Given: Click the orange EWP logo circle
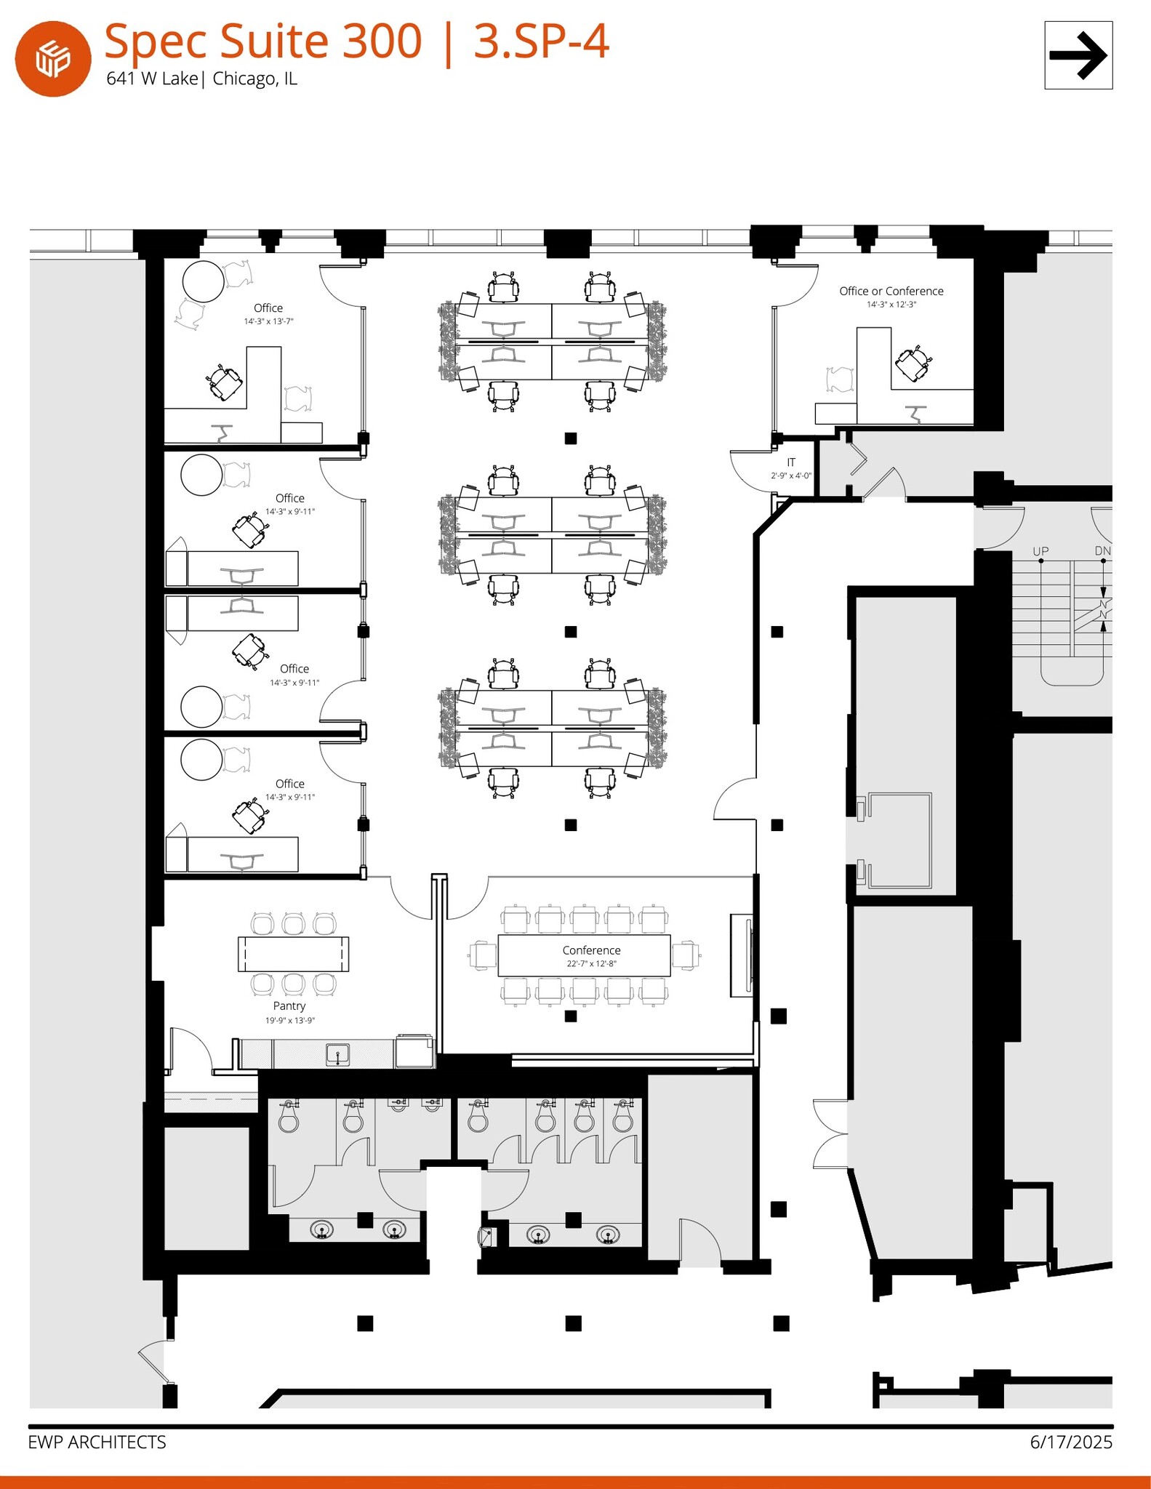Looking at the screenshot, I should tap(53, 59).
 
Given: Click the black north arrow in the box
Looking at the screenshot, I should tap(1078, 55).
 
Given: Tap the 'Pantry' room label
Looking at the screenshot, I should tap(289, 1006).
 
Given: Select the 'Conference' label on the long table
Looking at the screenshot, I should tap(591, 950).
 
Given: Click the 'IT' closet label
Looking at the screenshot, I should tap(791, 462).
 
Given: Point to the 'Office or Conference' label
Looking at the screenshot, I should tap(891, 291).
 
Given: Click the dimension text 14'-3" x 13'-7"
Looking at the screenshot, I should tap(268, 321).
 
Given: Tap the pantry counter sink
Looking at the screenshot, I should tap(338, 1053).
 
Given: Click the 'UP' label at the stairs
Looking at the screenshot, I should tap(1040, 551).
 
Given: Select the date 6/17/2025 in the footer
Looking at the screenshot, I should tap(1071, 1442).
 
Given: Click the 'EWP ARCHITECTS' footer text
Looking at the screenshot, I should tap(97, 1442).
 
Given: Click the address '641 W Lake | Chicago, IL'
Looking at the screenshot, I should tap(201, 79).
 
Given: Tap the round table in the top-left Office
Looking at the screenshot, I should tap(203, 281).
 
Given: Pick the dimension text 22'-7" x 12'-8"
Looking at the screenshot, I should tap(591, 964).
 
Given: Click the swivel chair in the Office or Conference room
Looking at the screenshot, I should tap(913, 363).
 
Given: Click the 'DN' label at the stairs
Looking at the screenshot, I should tap(1102, 551).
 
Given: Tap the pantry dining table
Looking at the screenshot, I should tap(293, 954).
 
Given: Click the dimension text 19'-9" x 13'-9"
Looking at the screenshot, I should tap(289, 1021).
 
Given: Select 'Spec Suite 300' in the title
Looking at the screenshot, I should tap(262, 41).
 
